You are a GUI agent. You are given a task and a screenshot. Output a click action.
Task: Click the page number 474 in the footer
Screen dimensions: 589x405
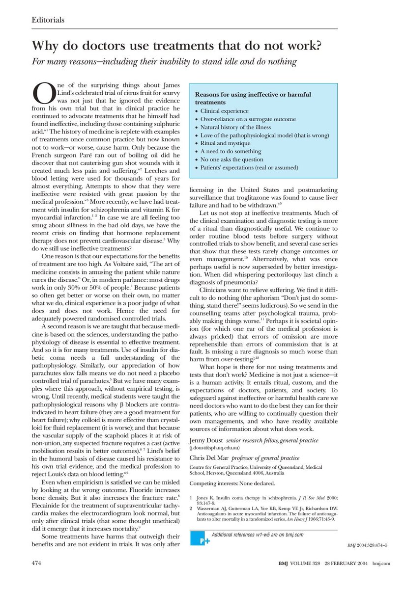click(x=36, y=577)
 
